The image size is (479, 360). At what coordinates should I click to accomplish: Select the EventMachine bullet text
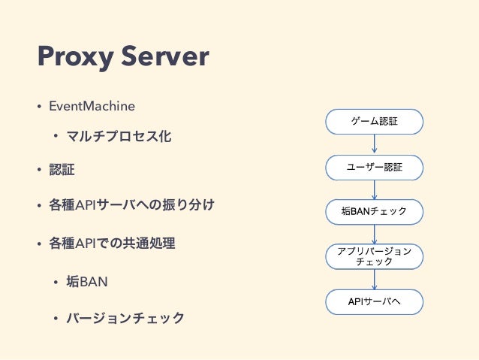pos(92,105)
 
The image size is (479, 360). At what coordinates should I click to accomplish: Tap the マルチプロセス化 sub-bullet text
pos(119,137)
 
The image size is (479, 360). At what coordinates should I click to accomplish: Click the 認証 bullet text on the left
pos(62,170)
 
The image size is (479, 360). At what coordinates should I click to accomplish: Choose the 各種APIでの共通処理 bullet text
pos(112,244)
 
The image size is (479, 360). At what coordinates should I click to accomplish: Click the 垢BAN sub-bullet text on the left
pos(87,283)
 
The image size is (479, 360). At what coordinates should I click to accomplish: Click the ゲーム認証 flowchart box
pos(374,121)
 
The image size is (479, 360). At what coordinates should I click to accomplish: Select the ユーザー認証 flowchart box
pos(374,167)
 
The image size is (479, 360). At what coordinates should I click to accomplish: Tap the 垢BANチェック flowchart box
pos(374,211)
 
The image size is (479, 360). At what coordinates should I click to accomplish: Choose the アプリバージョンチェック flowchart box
pos(374,256)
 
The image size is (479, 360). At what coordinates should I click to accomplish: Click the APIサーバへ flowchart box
pos(374,301)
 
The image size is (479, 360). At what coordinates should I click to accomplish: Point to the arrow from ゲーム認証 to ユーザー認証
pos(374,144)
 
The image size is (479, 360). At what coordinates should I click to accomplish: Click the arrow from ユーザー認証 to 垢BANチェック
pos(374,189)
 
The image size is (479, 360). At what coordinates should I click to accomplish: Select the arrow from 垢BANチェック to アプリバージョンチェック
pos(374,234)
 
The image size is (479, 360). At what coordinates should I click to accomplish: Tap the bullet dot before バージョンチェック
pos(56,319)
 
